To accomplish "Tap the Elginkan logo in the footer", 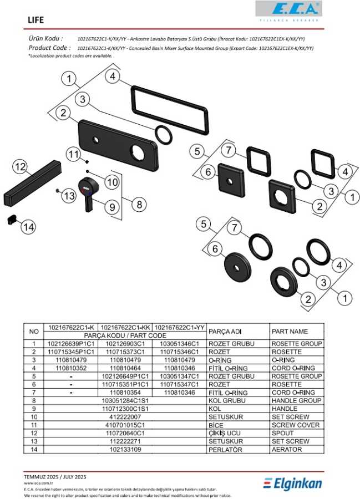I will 292,483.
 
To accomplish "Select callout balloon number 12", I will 20,166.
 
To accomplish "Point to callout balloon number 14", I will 28,226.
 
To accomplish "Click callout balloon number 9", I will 111,207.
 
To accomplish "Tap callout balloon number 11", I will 74,154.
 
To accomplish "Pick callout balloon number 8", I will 139,204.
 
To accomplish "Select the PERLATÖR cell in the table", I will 237,450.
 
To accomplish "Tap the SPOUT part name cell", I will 296,433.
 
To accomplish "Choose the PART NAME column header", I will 296,332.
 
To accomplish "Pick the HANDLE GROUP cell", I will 296,400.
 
